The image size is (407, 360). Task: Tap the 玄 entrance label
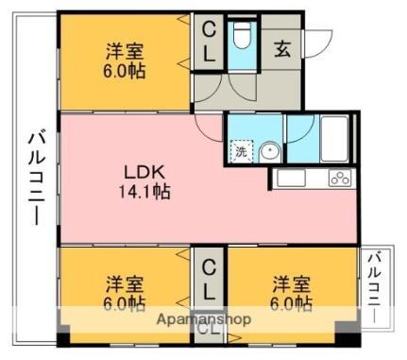point(282,50)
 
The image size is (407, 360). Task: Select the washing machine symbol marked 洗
point(240,150)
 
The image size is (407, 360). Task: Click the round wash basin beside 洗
point(269,150)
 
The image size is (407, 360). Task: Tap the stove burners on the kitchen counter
point(341,178)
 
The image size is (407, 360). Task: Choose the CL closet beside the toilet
point(208,43)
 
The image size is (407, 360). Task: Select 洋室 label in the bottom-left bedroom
point(125,283)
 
